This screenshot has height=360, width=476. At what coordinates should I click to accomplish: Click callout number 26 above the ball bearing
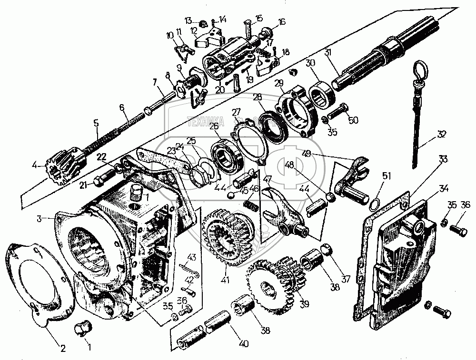214,126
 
